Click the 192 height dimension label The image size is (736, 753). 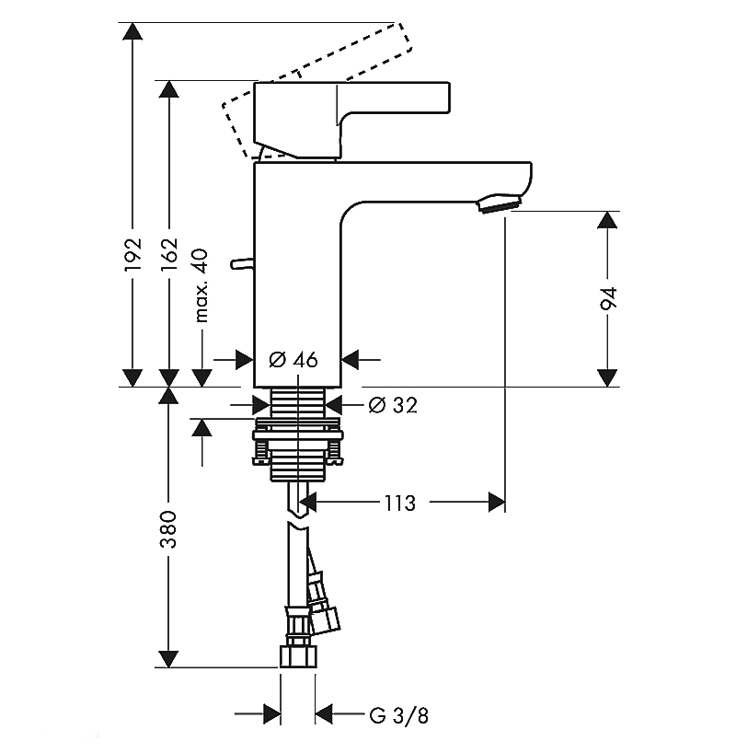click(x=133, y=254)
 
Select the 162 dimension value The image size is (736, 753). click(x=167, y=254)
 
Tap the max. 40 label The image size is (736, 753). click(x=202, y=285)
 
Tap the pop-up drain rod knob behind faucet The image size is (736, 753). click(x=240, y=264)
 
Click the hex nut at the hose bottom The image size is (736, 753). click(x=297, y=656)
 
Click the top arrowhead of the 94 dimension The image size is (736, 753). click(x=607, y=222)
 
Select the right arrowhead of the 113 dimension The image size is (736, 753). click(x=497, y=503)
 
